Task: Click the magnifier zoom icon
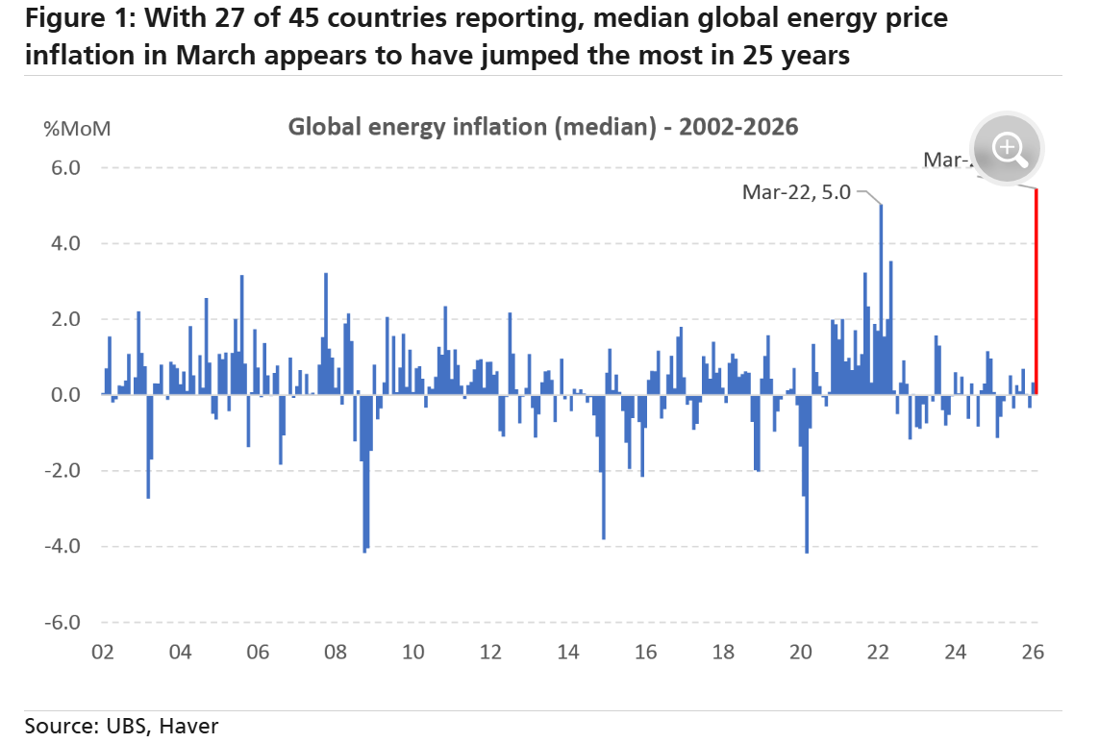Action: click(1007, 148)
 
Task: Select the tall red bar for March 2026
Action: click(1036, 288)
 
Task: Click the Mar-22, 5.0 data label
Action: click(796, 192)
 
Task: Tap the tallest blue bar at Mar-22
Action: click(881, 298)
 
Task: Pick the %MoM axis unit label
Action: click(78, 129)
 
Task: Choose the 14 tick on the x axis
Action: click(568, 652)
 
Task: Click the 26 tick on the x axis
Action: click(1033, 652)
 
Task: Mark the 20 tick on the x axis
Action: click(801, 652)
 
